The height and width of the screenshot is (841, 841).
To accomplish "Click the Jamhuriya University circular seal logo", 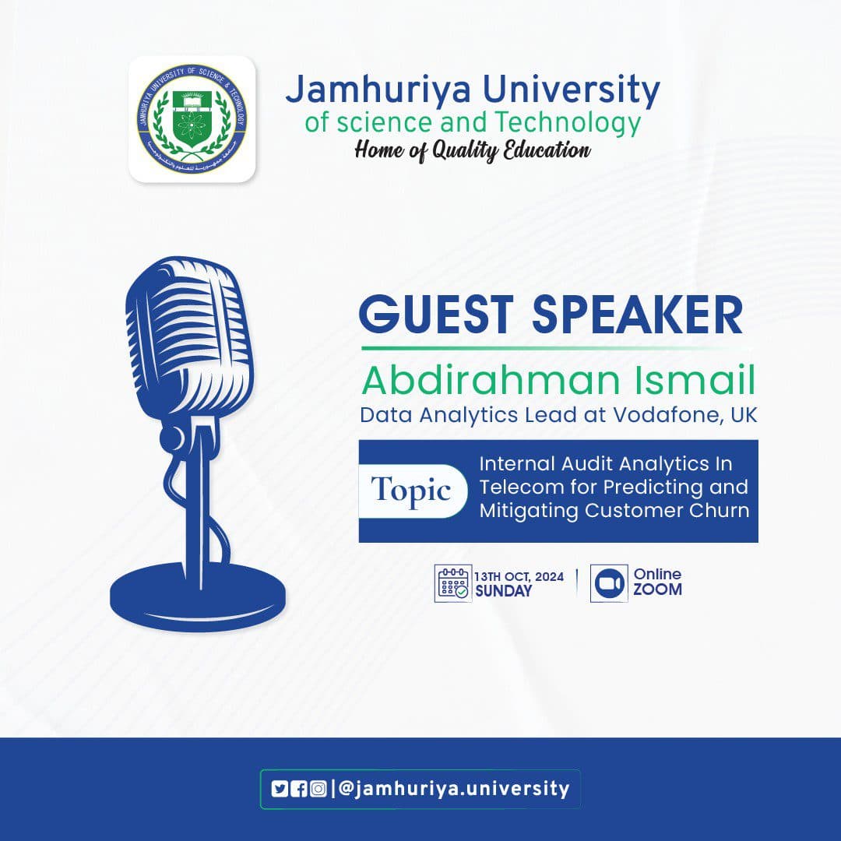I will pos(192,119).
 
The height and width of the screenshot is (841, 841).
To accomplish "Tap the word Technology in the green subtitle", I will pos(575,122).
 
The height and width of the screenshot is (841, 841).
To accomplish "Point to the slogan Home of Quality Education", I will pos(472,150).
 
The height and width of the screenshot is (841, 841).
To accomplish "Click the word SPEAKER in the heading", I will pos(637,316).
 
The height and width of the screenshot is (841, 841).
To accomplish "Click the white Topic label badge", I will pos(411,491).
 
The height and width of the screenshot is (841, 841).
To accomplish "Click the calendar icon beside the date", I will pos(452,584).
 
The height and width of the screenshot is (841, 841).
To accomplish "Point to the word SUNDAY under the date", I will pos(504,591).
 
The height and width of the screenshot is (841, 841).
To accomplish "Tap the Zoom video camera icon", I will pos(608,584).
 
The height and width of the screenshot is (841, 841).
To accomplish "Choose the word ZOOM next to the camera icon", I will pos(657,590).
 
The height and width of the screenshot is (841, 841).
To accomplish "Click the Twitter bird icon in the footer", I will pos(280,789).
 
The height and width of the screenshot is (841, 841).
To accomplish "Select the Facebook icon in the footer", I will pos(298,789).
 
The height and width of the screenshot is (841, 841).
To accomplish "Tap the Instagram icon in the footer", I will pos(318,789).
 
